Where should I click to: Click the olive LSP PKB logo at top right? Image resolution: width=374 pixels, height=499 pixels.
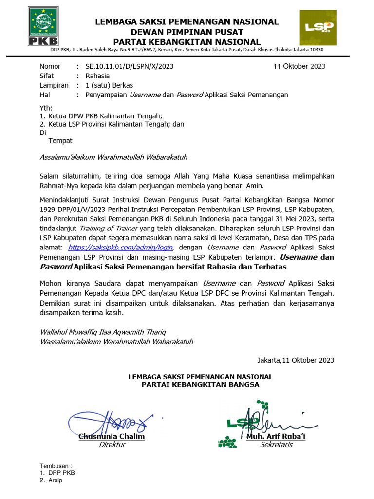point(317,28)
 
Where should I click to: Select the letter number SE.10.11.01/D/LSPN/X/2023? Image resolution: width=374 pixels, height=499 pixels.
point(130,66)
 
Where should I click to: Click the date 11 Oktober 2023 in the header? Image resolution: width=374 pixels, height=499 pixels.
point(299,66)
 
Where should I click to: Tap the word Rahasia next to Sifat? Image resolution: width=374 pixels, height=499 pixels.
point(97,76)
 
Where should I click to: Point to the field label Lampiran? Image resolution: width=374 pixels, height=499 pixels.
point(53,85)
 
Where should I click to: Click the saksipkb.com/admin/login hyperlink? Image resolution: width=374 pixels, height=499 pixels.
point(120,248)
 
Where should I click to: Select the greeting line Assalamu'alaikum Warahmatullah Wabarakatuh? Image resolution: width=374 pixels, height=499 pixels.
point(113,157)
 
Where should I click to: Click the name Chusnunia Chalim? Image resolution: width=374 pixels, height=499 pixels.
point(112,437)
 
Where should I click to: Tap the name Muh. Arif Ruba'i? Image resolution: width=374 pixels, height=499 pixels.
point(276,437)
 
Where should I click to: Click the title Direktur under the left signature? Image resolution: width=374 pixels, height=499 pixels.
point(112,445)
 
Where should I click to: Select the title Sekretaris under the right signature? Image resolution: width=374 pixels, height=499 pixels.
point(276,445)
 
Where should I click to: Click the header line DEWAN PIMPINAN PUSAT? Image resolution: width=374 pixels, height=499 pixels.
point(187,32)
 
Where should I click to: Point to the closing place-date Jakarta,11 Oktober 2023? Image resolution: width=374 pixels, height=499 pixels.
point(296,360)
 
